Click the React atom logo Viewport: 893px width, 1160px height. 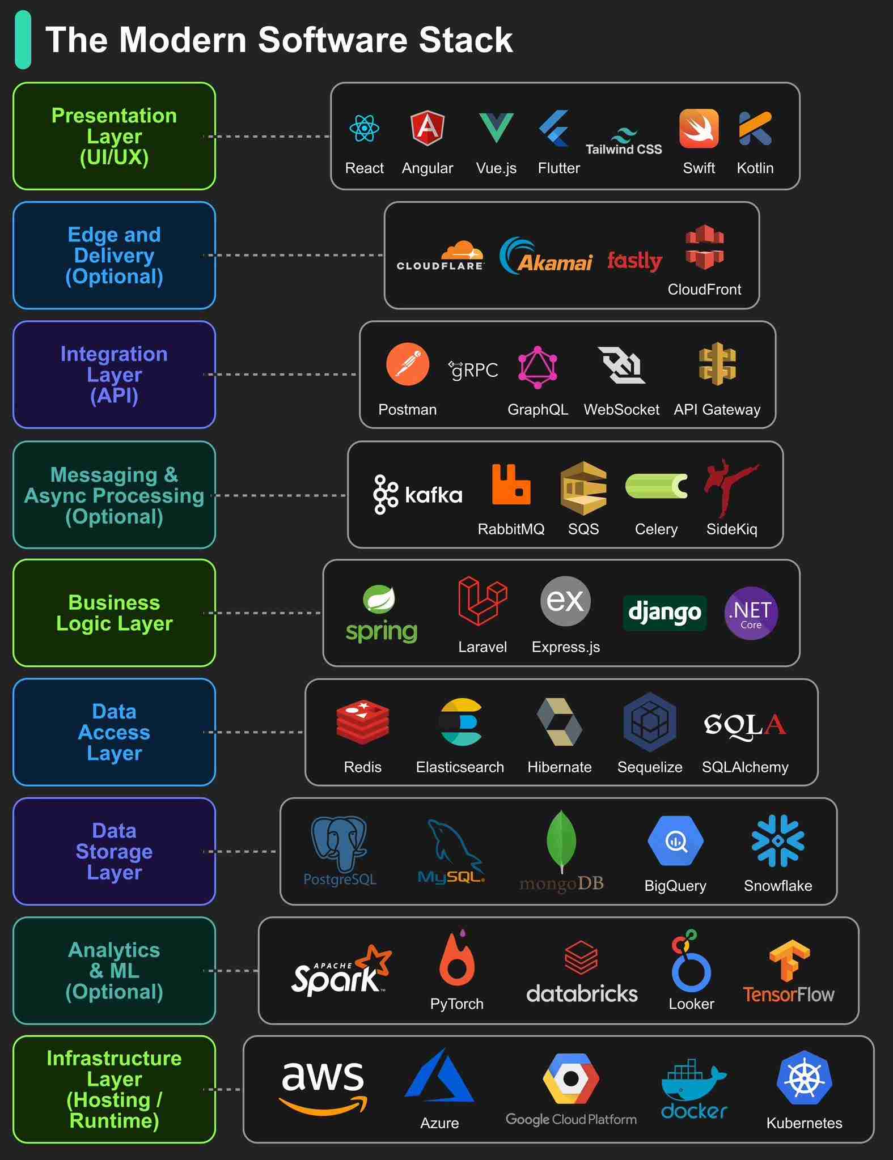click(364, 129)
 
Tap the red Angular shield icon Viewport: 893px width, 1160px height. click(427, 128)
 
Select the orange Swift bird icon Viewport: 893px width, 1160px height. click(699, 129)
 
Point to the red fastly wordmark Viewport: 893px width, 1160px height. click(634, 261)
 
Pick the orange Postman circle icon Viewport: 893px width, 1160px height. click(407, 364)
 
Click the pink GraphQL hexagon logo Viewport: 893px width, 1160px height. click(538, 367)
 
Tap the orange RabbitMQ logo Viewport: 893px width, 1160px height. click(511, 484)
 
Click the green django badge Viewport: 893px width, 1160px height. click(665, 613)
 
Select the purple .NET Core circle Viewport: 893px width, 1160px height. click(751, 613)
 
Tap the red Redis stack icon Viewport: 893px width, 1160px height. click(362, 721)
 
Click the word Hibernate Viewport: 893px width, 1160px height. click(559, 767)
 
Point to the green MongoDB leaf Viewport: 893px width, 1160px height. click(561, 840)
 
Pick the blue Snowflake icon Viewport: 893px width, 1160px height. click(777, 840)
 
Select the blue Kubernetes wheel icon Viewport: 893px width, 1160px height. click(804, 1078)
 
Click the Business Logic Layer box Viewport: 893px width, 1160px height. click(114, 613)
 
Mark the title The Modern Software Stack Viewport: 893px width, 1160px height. click(279, 40)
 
